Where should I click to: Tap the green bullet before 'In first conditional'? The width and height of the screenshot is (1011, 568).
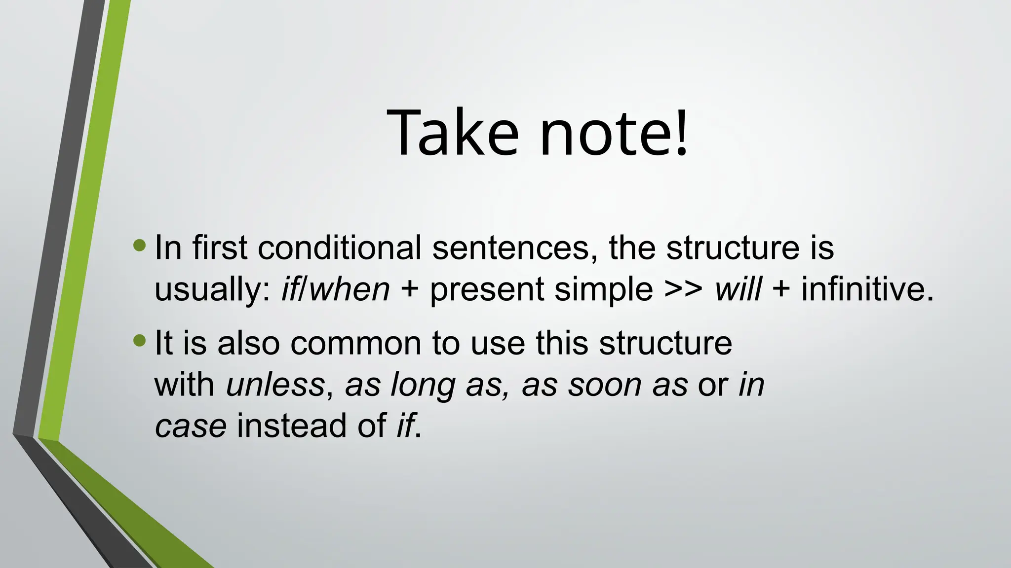[x=140, y=245]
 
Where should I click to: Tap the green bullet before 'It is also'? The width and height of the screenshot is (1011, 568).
[x=140, y=340]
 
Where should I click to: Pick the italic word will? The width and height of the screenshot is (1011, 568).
[x=738, y=289]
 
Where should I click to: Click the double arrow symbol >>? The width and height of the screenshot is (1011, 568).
[x=684, y=289]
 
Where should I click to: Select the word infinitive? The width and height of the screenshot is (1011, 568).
[x=867, y=289]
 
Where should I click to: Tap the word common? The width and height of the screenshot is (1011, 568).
[x=355, y=343]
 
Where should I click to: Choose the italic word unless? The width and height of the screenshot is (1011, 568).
[x=275, y=385]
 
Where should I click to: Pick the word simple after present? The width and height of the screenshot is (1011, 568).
[x=604, y=290]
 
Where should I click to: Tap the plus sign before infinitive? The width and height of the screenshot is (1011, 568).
[x=781, y=289]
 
